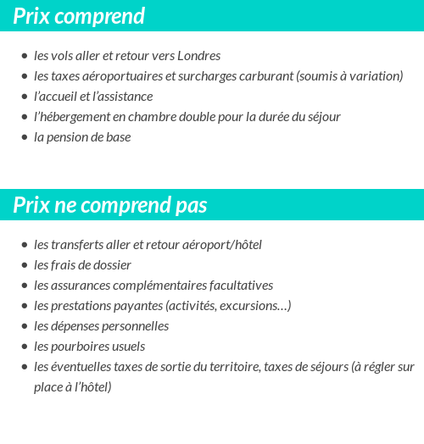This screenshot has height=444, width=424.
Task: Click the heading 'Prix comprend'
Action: pyautogui.click(x=79, y=16)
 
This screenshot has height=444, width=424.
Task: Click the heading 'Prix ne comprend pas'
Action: pyautogui.click(x=110, y=206)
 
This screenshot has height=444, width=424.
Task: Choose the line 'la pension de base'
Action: pyautogui.click(x=82, y=137)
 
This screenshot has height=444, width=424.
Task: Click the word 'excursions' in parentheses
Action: pyautogui.click(x=248, y=306)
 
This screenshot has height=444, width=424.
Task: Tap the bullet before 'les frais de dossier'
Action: pyautogui.click(x=25, y=265)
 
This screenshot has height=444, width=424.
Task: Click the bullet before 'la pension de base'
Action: pyautogui.click(x=25, y=137)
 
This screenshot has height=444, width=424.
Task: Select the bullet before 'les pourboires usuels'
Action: pyautogui.click(x=25, y=347)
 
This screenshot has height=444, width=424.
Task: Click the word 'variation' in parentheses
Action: pyautogui.click(x=374, y=76)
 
